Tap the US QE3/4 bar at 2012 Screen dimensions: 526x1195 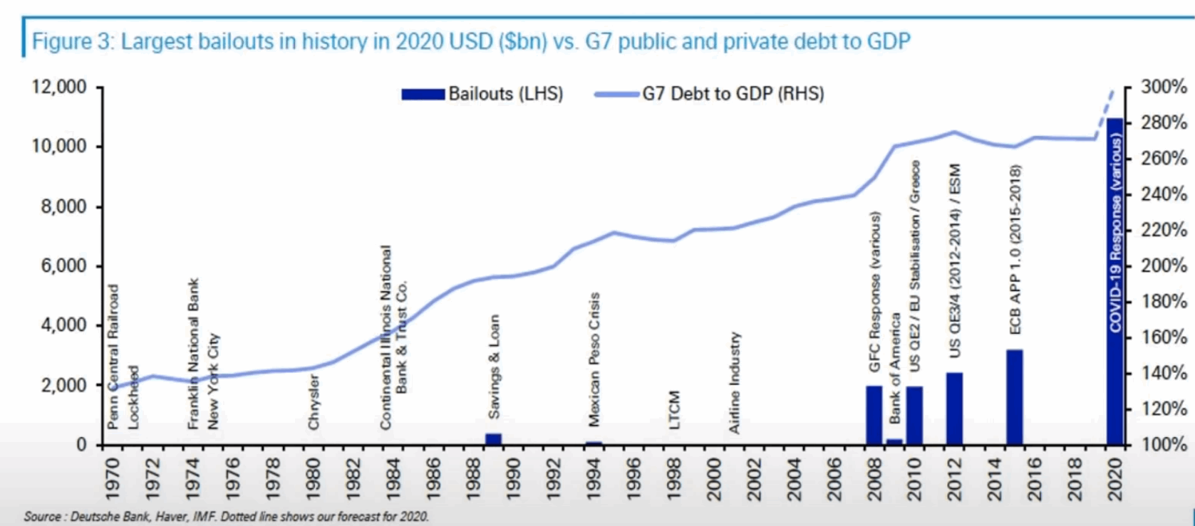(954, 409)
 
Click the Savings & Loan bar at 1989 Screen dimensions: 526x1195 (493, 438)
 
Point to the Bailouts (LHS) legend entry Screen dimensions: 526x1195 (482, 94)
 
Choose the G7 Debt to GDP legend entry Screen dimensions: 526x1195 (710, 94)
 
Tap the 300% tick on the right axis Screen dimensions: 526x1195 (1164, 87)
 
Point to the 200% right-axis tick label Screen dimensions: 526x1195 (1164, 266)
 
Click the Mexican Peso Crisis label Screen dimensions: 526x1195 (594, 359)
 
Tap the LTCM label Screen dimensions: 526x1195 (675, 410)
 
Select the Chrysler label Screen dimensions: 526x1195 (314, 402)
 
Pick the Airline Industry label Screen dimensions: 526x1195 (735, 382)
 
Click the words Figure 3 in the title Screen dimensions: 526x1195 (73, 41)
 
